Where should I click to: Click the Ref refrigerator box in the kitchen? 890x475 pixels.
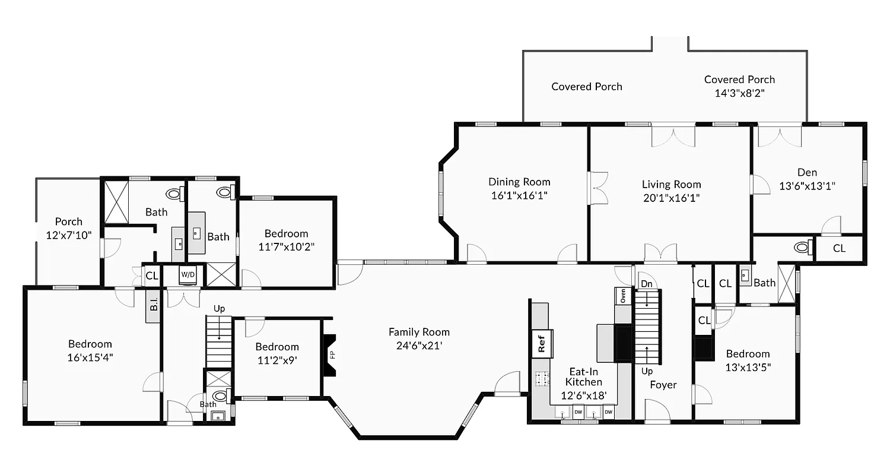[542, 343]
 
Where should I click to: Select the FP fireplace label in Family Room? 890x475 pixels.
[332, 355]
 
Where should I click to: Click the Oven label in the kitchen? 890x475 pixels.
[623, 296]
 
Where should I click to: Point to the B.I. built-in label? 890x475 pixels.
[153, 306]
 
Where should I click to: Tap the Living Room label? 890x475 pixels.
[671, 185]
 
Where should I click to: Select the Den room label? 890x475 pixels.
[807, 173]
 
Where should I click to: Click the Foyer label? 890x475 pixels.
[663, 385]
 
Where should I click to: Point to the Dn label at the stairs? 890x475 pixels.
[647, 284]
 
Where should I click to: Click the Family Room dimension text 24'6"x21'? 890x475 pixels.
[419, 346]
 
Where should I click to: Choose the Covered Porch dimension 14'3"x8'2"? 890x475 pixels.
[739, 93]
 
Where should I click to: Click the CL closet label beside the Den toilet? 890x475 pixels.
[839, 249]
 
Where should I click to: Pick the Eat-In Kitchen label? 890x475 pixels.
[583, 376]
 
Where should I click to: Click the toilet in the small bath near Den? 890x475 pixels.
[802, 246]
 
